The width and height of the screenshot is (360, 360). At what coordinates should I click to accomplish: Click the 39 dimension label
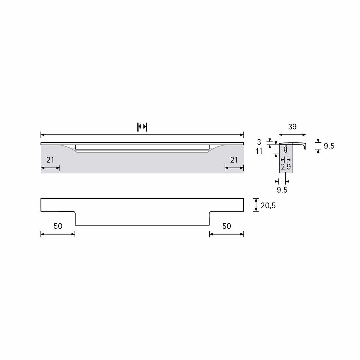[292, 127]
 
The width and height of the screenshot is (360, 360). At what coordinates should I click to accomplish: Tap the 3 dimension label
[259, 142]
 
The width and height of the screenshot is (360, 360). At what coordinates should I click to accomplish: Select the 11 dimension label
[259, 151]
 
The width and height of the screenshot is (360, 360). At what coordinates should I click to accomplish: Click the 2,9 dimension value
[286, 167]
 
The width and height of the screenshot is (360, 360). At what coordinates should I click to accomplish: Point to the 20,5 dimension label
[268, 205]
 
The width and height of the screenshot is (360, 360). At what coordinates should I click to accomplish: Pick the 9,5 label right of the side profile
[329, 146]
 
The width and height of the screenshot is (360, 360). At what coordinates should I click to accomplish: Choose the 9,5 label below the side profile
[282, 190]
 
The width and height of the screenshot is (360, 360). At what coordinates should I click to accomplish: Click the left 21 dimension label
[50, 160]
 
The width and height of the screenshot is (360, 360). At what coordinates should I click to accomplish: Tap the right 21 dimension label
[234, 160]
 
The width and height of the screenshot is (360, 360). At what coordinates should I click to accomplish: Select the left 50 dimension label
[58, 226]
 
